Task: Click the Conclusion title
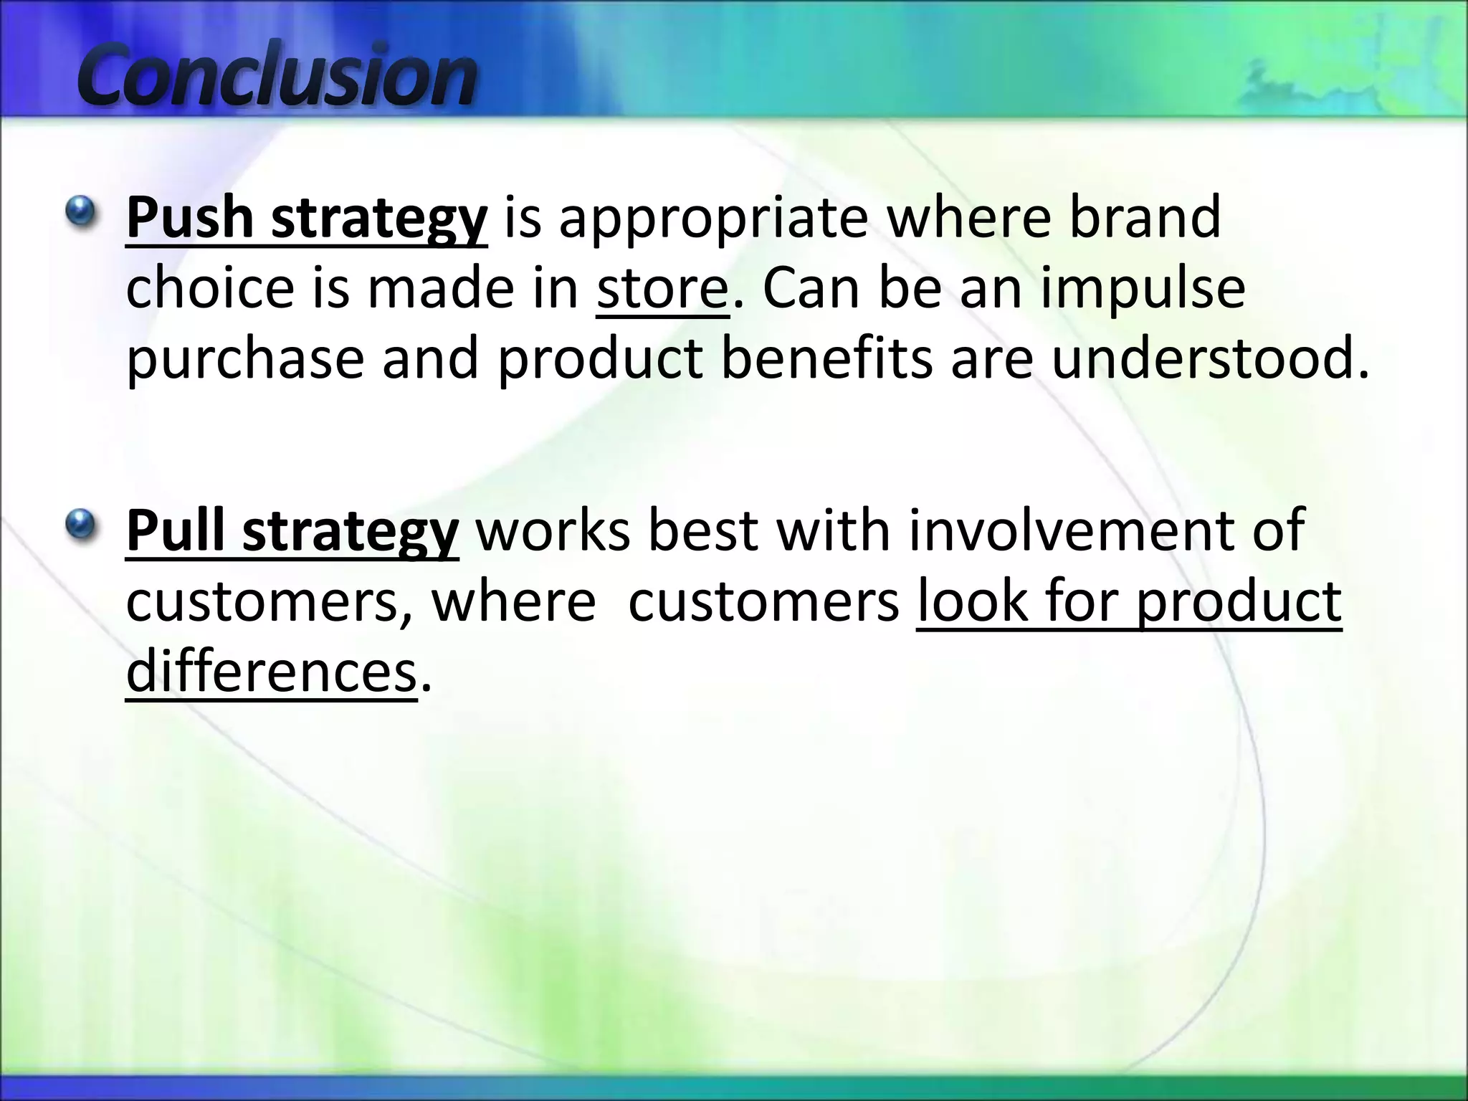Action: pyautogui.click(x=276, y=75)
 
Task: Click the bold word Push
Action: pyautogui.click(x=189, y=217)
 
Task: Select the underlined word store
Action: pyautogui.click(x=662, y=288)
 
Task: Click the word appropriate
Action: pyautogui.click(x=713, y=219)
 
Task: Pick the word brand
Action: pyautogui.click(x=1145, y=217)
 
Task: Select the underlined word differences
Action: pyautogui.click(x=271, y=672)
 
